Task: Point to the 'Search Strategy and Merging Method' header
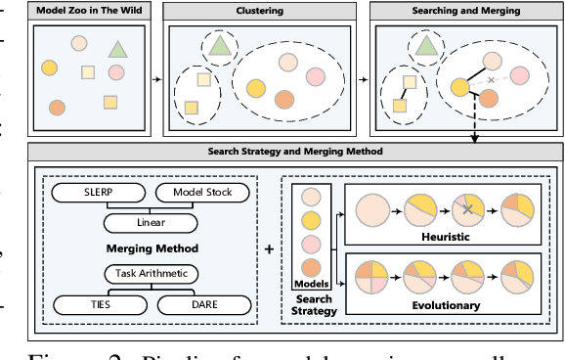[295, 152]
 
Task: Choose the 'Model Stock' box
[200, 192]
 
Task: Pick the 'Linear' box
[145, 222]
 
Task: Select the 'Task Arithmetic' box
[144, 273]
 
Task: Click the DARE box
[200, 305]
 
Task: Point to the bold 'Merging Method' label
[145, 248]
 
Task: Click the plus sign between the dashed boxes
[269, 248]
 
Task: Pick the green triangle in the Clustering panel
[220, 43]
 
